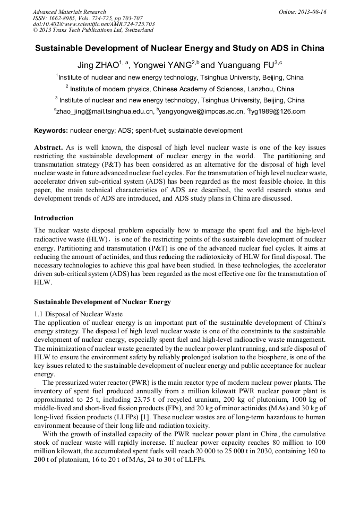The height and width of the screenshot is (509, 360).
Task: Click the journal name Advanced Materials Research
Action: [x=69, y=12]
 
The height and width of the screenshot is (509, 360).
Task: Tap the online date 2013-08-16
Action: [x=313, y=12]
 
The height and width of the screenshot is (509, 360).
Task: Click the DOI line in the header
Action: [x=94, y=24]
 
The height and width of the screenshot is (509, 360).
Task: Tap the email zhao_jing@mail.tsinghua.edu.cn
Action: [x=105, y=111]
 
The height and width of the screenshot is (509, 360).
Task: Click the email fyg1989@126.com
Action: [x=277, y=111]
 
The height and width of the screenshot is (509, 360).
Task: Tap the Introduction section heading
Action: [x=54, y=218]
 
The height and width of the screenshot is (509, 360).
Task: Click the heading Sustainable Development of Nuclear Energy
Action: [x=102, y=302]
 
